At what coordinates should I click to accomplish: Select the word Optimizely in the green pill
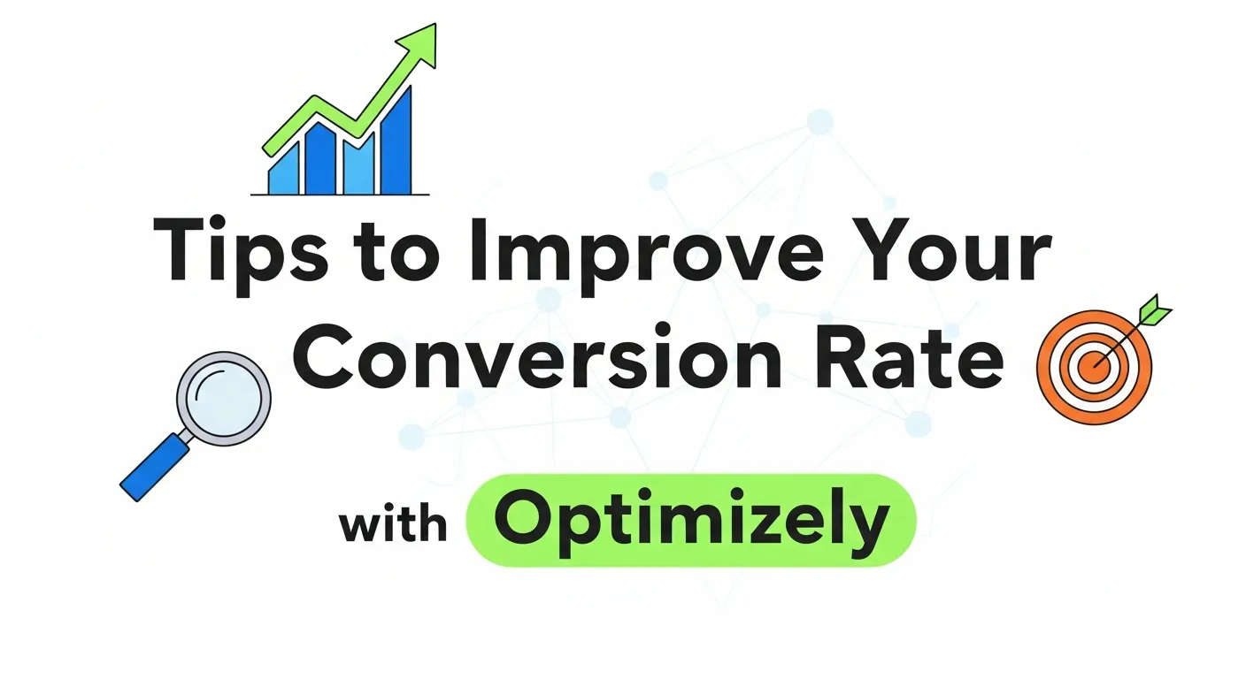point(691,521)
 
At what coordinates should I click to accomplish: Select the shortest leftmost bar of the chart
point(282,172)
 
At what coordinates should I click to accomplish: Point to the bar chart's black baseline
point(341,195)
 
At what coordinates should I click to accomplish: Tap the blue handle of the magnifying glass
point(156,467)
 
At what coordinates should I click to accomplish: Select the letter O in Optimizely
point(523,521)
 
